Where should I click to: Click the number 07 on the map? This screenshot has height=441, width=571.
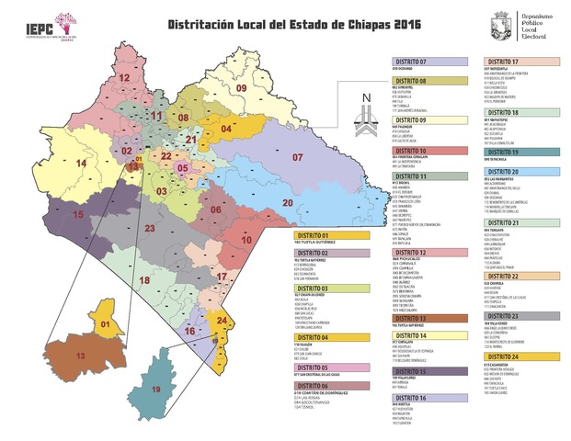click(x=298, y=158)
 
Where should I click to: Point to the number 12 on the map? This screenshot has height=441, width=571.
click(x=123, y=79)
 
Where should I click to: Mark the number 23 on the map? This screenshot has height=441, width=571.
click(x=149, y=227)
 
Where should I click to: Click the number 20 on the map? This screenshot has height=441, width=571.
click(x=287, y=202)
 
